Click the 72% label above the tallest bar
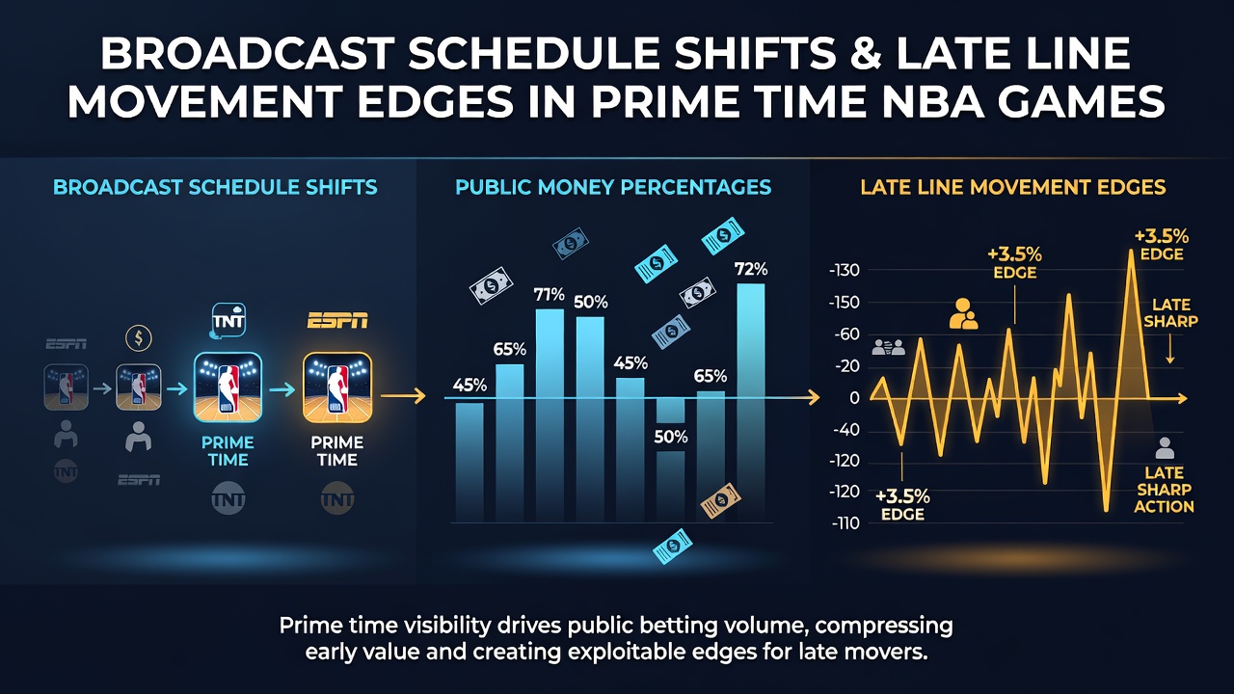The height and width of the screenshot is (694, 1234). pos(751,269)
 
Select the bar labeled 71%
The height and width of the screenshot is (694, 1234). pos(550,415)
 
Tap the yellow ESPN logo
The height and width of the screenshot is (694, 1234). pos(337,320)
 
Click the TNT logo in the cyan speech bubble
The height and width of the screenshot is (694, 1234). pos(228,320)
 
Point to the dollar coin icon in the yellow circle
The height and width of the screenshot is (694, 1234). pos(139,337)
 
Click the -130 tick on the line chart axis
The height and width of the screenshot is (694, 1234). pos(844,271)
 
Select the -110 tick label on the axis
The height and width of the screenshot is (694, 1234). pos(845,523)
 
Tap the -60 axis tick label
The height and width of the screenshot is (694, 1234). pos(846,334)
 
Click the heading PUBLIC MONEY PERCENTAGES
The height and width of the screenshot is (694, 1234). pos(613,187)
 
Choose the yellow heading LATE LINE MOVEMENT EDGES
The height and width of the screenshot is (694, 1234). pos(1013,187)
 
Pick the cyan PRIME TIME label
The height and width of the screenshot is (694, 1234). pos(228,451)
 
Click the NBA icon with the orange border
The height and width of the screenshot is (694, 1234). pos(337,387)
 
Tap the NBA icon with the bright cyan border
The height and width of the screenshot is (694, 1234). pos(228,387)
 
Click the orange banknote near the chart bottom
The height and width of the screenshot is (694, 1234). pos(720,500)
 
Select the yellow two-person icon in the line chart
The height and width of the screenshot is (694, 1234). pos(963,314)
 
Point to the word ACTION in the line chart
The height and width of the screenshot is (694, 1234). pos(1164,507)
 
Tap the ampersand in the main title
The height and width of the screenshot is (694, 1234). pos(866,54)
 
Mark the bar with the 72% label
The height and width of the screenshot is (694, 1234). pos(751,403)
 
